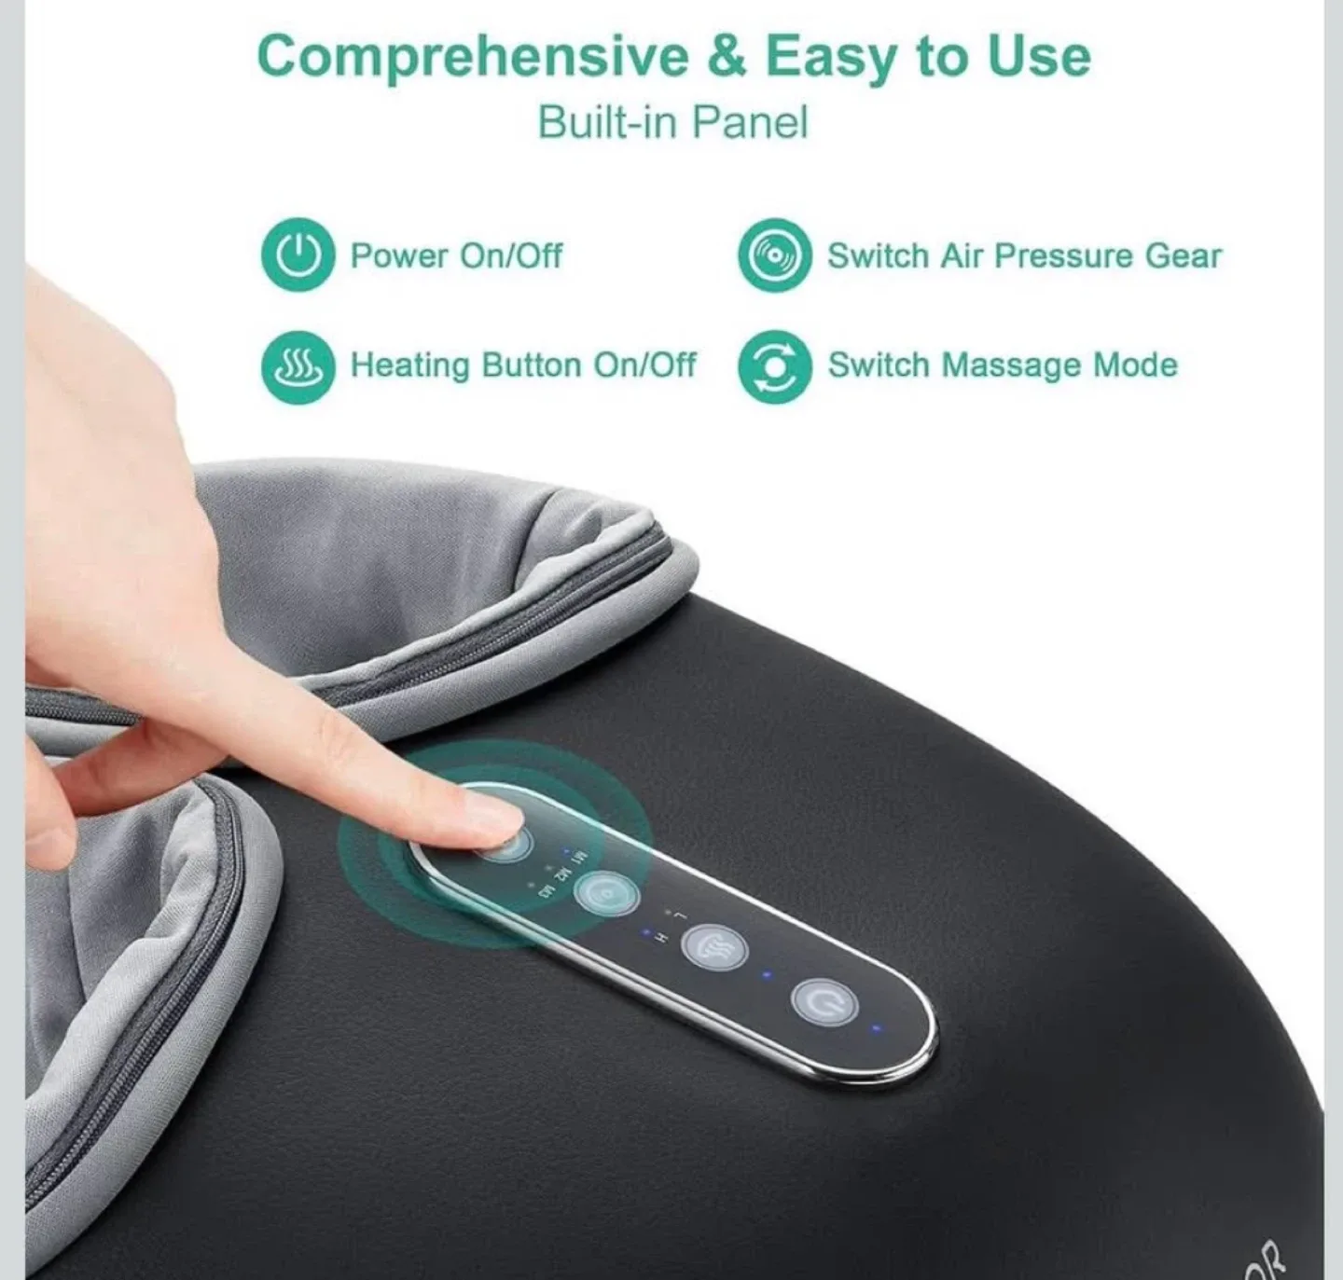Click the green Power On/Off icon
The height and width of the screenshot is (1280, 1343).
tap(298, 255)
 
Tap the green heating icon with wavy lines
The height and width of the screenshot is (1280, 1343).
tap(298, 366)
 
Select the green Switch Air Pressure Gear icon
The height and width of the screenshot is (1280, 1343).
tap(773, 255)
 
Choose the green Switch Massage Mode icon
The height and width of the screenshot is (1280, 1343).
tap(773, 366)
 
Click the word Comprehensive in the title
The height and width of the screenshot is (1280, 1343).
tap(472, 58)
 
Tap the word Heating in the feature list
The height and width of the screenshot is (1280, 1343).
tap(409, 365)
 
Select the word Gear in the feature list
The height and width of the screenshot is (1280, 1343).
tap(1183, 255)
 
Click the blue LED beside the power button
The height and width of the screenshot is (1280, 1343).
tap(875, 1029)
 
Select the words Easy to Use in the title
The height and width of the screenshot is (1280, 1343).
tap(928, 58)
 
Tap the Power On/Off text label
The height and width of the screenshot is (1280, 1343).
tap(456, 255)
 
